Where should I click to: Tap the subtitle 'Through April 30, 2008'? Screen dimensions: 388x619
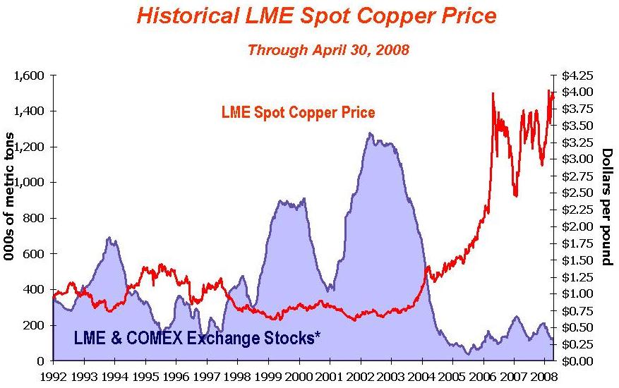click(x=328, y=51)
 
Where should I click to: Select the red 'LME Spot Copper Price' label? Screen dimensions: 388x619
click(x=298, y=113)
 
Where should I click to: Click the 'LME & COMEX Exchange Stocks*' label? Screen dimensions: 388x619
click(x=197, y=338)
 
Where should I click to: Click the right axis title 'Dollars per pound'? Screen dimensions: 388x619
click(x=606, y=207)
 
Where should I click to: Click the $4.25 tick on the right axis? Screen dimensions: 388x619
click(x=579, y=75)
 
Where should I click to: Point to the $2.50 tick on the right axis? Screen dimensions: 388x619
click(x=579, y=193)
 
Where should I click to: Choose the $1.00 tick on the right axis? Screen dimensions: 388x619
click(x=579, y=293)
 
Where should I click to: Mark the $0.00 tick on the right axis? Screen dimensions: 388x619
click(x=579, y=360)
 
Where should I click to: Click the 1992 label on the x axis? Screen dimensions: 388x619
click(x=53, y=377)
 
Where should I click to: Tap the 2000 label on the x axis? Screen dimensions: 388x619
click(x=299, y=377)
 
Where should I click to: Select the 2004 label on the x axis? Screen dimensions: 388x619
click(x=421, y=377)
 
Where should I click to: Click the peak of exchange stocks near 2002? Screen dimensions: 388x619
click(x=370, y=133)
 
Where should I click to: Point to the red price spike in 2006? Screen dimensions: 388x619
click(x=493, y=93)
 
